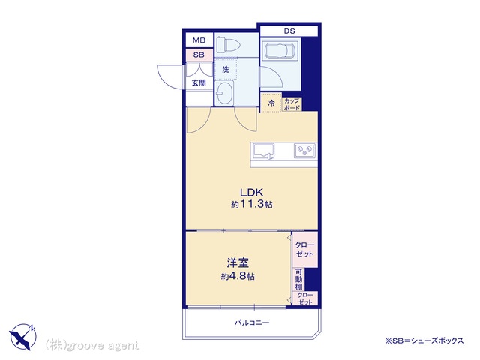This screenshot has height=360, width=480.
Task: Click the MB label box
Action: tap(199, 40)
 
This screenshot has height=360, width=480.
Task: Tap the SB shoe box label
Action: tap(199, 55)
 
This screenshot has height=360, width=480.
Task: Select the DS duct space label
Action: tap(289, 31)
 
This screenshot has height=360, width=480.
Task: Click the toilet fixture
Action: tap(228, 44)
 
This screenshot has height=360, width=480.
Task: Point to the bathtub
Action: tap(280, 51)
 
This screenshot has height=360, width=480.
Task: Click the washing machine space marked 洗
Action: tap(226, 69)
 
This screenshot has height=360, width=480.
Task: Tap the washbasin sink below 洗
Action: tap(224, 92)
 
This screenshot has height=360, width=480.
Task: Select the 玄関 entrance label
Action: tap(199, 82)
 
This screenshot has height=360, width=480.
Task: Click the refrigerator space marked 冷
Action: tap(271, 103)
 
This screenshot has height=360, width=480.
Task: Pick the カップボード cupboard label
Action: tap(292, 104)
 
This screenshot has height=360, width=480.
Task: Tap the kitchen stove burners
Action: tap(304, 151)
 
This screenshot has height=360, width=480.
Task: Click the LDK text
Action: tap(252, 193)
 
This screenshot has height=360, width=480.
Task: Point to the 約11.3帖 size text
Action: tap(252, 204)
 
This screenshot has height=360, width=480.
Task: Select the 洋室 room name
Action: tap(238, 263)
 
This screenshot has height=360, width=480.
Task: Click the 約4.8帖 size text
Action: tap(238, 277)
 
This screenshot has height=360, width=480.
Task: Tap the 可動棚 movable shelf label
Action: tap(298, 279)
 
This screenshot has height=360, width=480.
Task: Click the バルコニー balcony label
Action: tap(252, 322)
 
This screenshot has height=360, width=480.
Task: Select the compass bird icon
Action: tap(23, 337)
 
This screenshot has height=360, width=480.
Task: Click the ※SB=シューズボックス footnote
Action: tap(424, 340)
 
